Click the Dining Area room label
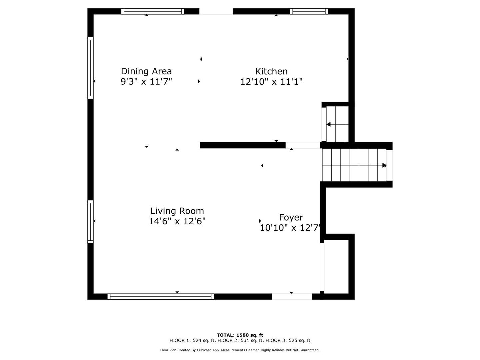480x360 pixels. point(146,71)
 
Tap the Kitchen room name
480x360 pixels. point(271,71)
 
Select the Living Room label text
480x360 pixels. point(177,211)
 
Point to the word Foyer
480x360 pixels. point(291,218)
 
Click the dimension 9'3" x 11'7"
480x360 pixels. point(146,82)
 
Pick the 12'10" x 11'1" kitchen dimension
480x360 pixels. point(271,82)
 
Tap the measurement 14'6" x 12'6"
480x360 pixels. point(177,221)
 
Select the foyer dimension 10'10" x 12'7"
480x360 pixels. point(290,228)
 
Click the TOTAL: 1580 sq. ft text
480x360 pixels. point(240,335)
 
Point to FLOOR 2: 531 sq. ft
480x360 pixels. point(240,340)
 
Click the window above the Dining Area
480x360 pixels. point(153,11)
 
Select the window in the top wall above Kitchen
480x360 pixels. point(309,11)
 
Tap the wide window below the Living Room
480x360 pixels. point(161,296)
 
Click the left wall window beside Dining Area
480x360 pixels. point(91,68)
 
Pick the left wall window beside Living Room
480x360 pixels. point(91,222)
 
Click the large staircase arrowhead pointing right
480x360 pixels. point(384,165)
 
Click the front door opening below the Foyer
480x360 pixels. point(292,296)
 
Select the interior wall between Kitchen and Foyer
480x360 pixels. point(243,145)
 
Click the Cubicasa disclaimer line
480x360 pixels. point(240,350)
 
